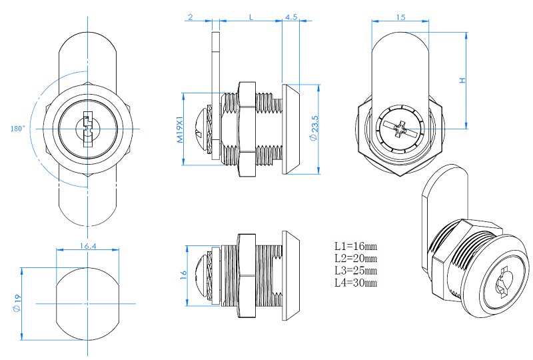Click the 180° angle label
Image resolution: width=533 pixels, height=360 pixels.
pyautogui.click(x=18, y=128)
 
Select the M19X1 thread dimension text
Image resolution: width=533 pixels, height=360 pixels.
pyautogui.click(x=180, y=131)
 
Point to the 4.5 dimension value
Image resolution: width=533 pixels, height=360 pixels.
pyautogui.click(x=290, y=17)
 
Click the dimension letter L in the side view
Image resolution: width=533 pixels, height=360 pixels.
pyautogui.click(x=251, y=17)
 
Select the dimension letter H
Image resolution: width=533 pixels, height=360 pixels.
pyautogui.click(x=461, y=80)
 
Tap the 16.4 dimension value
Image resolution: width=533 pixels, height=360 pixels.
pyautogui.click(x=88, y=246)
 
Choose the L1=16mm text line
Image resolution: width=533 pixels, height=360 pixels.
pyautogui.click(x=356, y=245)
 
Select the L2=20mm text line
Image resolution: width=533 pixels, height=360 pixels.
pyautogui.click(x=356, y=258)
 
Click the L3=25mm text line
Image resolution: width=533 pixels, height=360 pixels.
pyautogui.click(x=356, y=270)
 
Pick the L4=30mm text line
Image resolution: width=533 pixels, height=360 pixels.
pyautogui.click(x=356, y=283)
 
